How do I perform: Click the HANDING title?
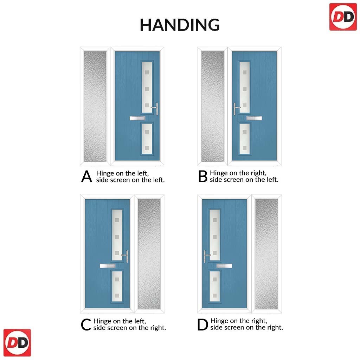[180, 25]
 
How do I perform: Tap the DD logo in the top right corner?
[343, 17]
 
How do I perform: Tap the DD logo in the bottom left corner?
[17, 342]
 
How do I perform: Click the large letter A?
[86, 176]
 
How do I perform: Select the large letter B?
[203, 176]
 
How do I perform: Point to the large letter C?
[86, 324]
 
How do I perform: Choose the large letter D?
[202, 324]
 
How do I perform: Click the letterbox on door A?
[137, 118]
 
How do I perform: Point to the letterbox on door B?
[254, 118]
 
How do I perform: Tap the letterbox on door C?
[108, 266]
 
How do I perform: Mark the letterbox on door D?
[224, 266]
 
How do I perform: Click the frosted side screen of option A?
[95, 106]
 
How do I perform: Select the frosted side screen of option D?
[266, 254]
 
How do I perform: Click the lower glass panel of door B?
[244, 139]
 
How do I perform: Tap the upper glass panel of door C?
[117, 235]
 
